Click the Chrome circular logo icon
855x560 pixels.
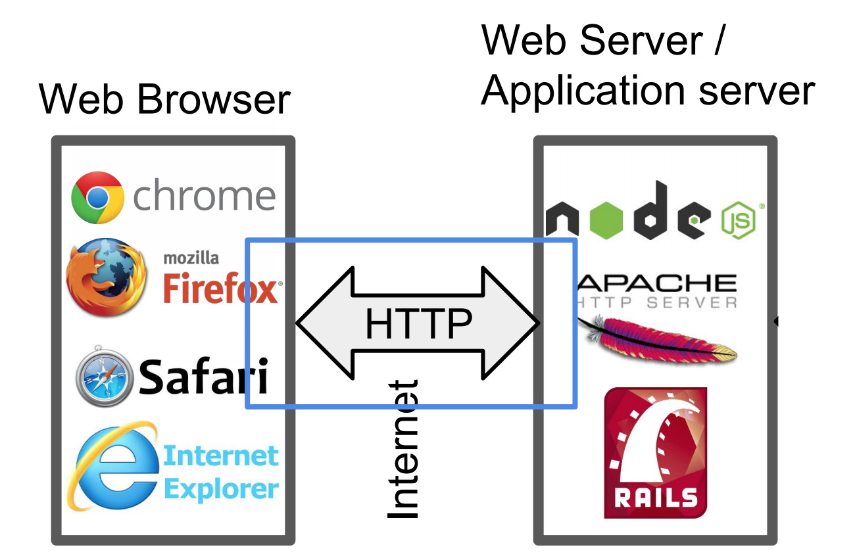[x=97, y=197]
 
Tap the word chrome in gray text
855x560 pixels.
[x=204, y=195]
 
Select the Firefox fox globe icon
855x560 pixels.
[x=107, y=277]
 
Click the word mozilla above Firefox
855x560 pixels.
[x=191, y=258]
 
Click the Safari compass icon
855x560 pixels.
[x=105, y=376]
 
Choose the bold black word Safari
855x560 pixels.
[x=203, y=376]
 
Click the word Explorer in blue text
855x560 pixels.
[x=222, y=489]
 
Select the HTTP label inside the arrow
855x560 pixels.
[x=418, y=323]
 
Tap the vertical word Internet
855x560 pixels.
[x=403, y=450]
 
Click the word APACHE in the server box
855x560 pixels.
[x=658, y=283]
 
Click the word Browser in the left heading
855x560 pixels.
[x=214, y=100]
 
